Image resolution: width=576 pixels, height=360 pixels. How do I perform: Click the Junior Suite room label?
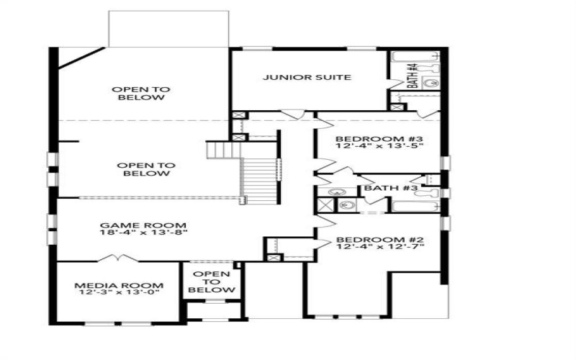(x=306, y=77)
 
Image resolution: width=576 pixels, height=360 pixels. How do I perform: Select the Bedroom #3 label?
(x=379, y=138)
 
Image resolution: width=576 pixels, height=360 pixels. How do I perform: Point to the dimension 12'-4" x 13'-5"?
(x=379, y=146)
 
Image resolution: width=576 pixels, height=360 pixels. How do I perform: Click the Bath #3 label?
(x=391, y=188)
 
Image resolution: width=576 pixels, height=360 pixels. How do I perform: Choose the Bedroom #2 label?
(x=379, y=239)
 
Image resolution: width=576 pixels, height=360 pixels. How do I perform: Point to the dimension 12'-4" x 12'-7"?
(x=379, y=247)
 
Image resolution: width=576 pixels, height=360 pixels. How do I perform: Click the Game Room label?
(x=144, y=225)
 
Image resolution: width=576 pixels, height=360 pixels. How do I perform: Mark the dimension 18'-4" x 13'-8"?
(x=144, y=233)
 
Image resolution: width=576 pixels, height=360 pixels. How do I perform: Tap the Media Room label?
(x=120, y=285)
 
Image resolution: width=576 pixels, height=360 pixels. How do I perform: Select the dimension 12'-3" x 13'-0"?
(x=120, y=293)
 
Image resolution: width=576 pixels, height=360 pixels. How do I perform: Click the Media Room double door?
(x=115, y=258)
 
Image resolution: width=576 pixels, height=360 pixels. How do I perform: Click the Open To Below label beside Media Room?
(x=212, y=282)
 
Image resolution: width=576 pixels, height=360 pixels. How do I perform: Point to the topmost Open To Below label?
(x=141, y=94)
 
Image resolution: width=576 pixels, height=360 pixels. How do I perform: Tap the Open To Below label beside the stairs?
(x=146, y=169)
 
